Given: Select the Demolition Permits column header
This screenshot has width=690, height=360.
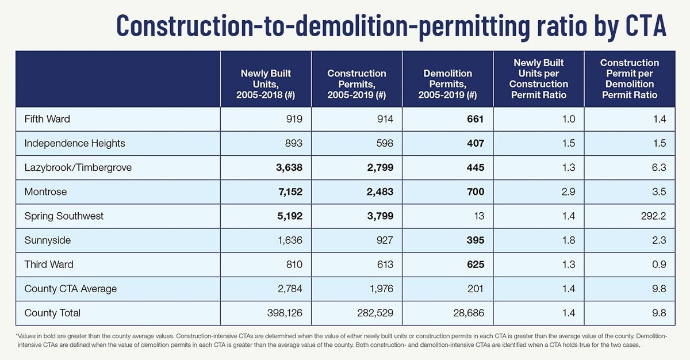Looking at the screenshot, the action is [x=447, y=84].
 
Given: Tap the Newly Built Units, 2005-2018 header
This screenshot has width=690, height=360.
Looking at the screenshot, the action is [x=266, y=84].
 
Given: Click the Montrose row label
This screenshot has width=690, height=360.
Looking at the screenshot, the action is [x=45, y=192].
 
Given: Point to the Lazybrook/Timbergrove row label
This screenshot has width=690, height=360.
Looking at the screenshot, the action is [x=78, y=167].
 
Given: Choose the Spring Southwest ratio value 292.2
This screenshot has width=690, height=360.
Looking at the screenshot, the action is [x=653, y=216].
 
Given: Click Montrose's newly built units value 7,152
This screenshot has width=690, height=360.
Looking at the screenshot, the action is [x=290, y=192].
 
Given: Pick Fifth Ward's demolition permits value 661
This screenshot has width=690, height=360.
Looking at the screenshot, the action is [x=476, y=119].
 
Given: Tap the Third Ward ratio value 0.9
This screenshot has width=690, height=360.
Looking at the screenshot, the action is [x=659, y=264].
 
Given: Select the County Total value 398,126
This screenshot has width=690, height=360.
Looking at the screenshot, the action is [x=285, y=313].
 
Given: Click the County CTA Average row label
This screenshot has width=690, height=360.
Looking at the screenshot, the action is [x=71, y=289].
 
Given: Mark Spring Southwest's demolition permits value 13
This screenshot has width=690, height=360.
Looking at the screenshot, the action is [x=479, y=216].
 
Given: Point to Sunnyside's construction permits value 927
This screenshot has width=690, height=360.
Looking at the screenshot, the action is [x=385, y=240].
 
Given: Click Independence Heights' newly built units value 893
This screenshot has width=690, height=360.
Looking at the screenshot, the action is [x=294, y=143].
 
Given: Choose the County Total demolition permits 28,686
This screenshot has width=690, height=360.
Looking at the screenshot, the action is [x=469, y=313].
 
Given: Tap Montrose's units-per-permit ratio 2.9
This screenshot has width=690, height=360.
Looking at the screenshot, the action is [x=568, y=192].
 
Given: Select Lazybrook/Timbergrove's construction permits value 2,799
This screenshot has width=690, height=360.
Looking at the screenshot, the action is [x=380, y=167].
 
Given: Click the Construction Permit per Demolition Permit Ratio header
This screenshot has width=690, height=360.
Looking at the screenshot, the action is [x=630, y=79].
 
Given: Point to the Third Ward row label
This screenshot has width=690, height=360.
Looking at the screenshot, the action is [x=49, y=264].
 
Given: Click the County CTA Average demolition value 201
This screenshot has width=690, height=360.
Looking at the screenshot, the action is [x=475, y=289].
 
